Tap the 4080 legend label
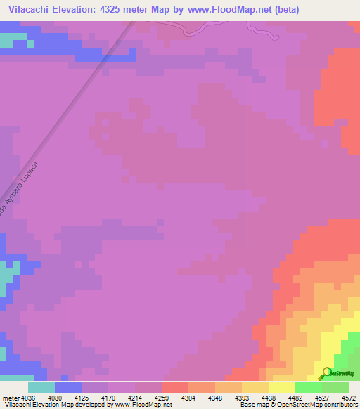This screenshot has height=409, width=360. click(65, 397)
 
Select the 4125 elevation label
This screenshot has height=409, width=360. click(96, 397)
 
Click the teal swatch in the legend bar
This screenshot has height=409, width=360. click(41, 387)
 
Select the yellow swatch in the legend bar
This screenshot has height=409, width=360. click(282, 387)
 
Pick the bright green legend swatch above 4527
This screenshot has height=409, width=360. click(309, 387)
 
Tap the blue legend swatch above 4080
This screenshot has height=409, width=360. click(68, 387)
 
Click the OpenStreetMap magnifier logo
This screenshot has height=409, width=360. click(326, 373)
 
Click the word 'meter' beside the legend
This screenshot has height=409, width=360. click(11, 397)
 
